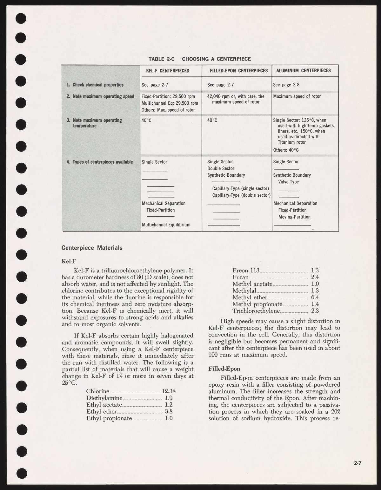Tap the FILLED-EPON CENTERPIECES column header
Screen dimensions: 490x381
[239, 71]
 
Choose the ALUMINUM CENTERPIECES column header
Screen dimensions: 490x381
[304, 71]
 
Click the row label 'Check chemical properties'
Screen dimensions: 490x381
[98, 85]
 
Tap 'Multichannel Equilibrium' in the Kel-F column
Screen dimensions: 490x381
[166, 225]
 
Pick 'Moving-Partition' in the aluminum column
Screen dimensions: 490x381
[294, 217]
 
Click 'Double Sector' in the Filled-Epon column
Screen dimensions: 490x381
[221, 168]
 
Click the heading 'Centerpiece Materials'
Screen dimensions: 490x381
[92, 248]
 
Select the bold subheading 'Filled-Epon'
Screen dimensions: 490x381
[224, 369]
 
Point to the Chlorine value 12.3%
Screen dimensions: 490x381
[169, 391]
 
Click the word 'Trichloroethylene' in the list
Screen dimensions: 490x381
[256, 311]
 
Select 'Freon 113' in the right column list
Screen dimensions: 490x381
[246, 271]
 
